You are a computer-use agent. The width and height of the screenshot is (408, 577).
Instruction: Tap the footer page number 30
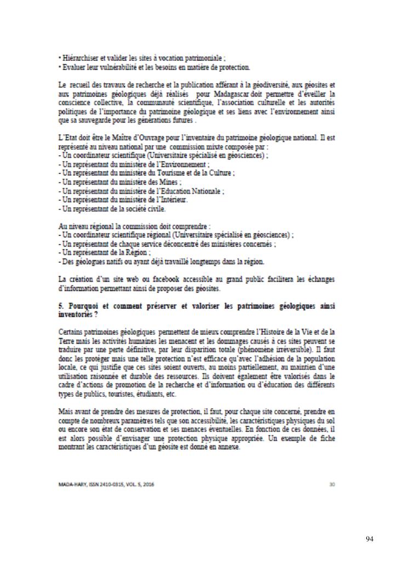(332, 483)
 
